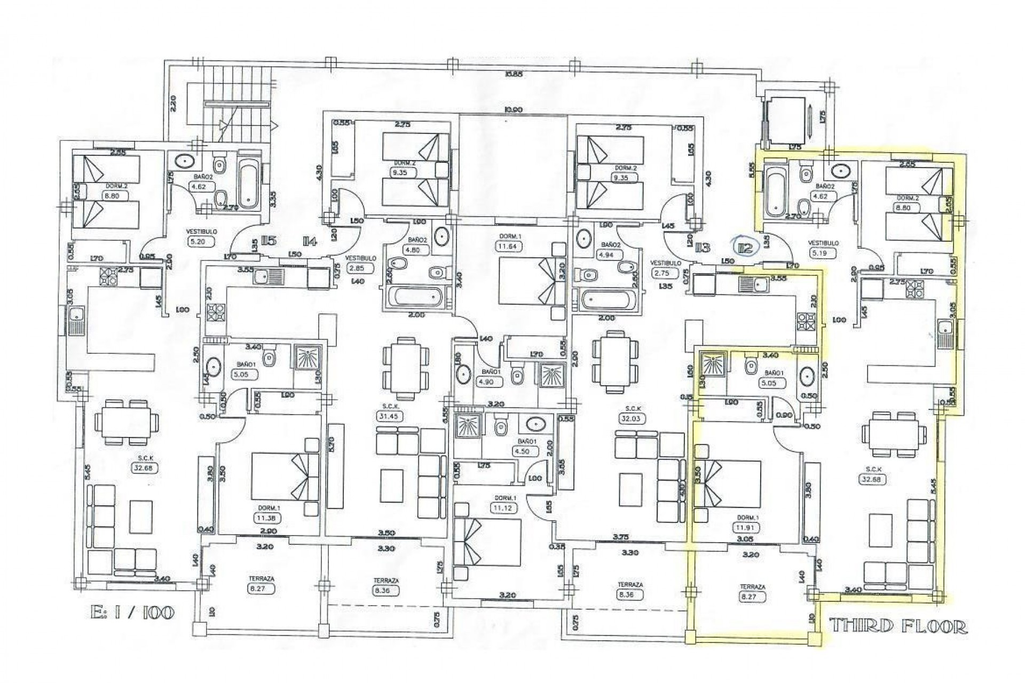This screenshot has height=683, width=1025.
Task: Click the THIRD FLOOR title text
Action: [x=898, y=626]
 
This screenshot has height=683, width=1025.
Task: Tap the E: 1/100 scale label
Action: [x=132, y=612]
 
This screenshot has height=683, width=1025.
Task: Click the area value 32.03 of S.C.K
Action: [x=633, y=419]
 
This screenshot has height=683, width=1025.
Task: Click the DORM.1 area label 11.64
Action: [x=508, y=247]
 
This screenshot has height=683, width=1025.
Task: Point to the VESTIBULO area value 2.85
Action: [x=357, y=268]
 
